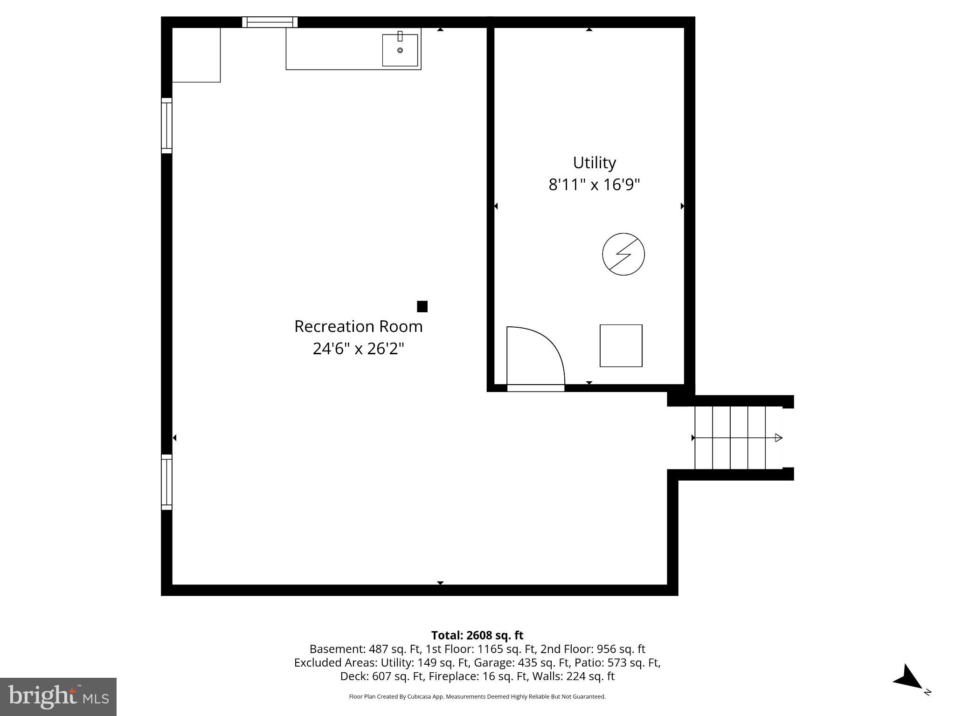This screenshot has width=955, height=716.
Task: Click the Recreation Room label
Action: coord(358,326)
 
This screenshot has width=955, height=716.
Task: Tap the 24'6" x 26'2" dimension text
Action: coord(358,348)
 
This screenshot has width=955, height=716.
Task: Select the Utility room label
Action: coord(594,163)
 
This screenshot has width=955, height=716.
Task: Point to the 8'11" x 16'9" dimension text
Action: coord(594,185)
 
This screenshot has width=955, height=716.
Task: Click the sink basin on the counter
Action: coord(400,50)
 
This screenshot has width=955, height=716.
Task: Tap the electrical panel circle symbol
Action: coord(623,254)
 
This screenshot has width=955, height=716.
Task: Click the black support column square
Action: coord(422,306)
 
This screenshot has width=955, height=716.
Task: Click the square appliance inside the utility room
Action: coord(621,345)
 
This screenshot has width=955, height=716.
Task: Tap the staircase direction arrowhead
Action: coord(778,438)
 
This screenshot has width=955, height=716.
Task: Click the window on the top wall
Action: coord(270,22)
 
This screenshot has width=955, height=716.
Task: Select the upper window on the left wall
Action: coord(166,125)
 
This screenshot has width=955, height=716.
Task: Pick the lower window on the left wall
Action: coord(166,482)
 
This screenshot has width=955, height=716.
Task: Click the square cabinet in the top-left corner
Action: coord(196,55)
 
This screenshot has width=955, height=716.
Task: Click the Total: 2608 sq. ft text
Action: coord(477,635)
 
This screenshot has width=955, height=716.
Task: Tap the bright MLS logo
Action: coord(58,696)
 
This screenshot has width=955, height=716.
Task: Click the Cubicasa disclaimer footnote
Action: coord(477,696)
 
